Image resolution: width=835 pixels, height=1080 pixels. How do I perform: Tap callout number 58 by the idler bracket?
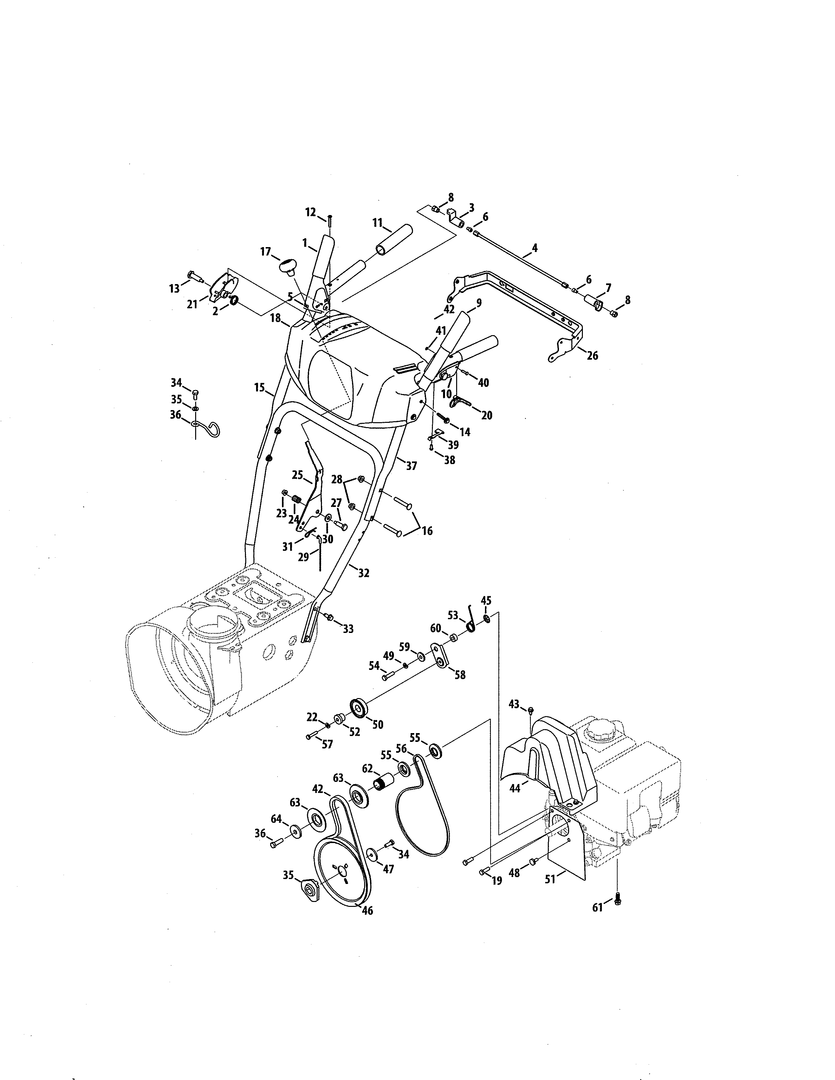(x=459, y=675)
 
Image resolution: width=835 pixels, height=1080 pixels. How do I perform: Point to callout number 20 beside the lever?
(x=487, y=415)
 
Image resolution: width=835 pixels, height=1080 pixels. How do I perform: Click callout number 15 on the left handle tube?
(x=260, y=388)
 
